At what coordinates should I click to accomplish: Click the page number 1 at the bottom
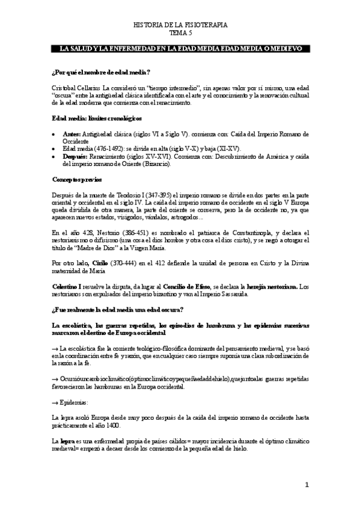tap(307, 484)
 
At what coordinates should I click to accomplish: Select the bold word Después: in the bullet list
tap(75, 156)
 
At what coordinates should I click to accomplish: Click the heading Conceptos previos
tap(77, 179)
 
